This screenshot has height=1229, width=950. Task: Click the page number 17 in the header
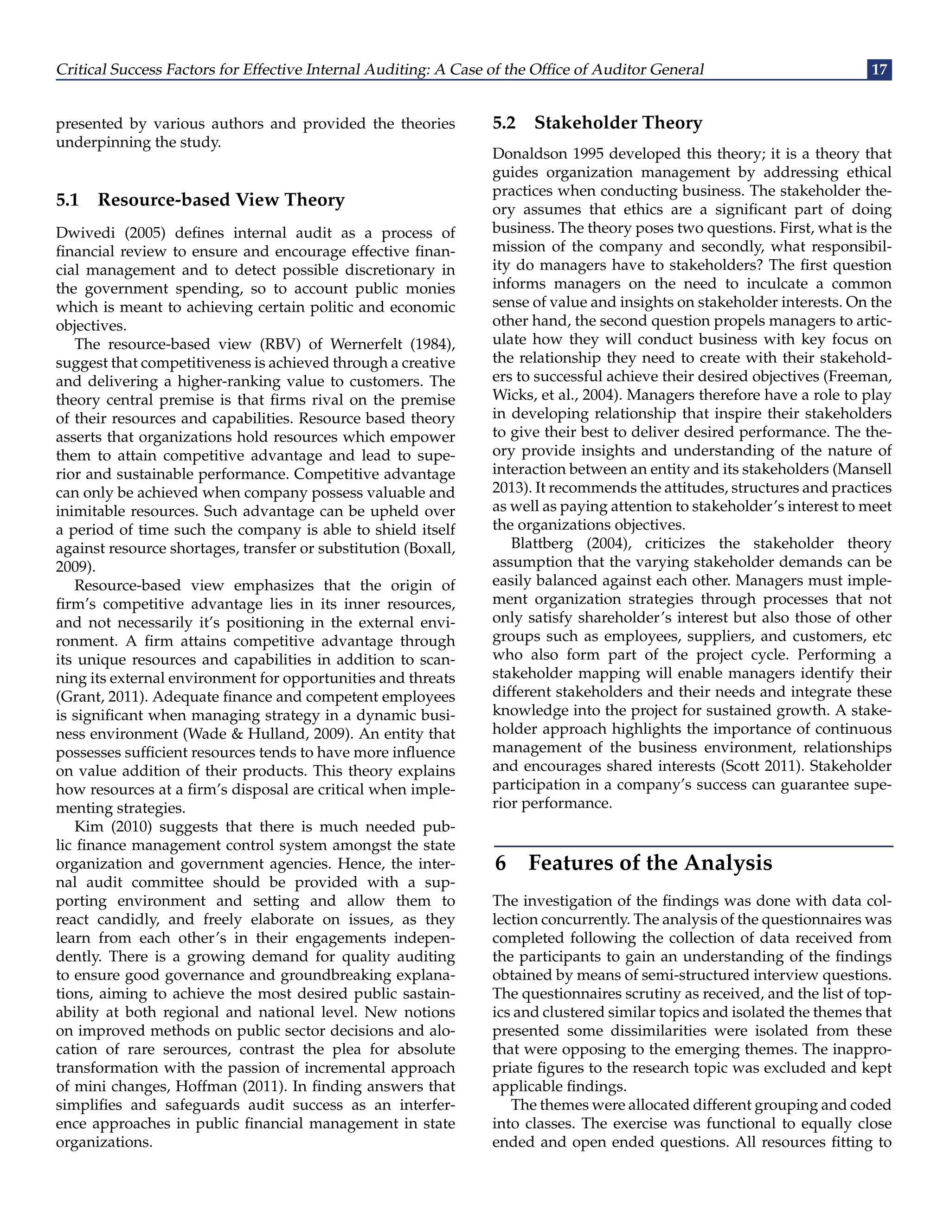(x=879, y=69)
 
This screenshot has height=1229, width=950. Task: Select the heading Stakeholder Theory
(x=618, y=123)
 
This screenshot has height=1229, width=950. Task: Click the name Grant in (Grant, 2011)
(x=76, y=697)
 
